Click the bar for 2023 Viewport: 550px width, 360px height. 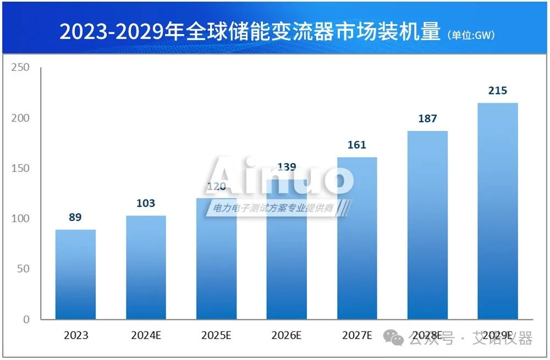click(x=75, y=274)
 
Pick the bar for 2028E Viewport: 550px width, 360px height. click(x=427, y=225)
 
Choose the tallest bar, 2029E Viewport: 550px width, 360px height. click(x=498, y=211)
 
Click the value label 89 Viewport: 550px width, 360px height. click(x=75, y=217)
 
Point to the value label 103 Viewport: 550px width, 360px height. click(x=146, y=203)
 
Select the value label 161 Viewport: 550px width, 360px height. click(x=357, y=145)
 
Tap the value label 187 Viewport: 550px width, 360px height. click(x=427, y=119)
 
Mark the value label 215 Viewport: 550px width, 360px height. click(x=498, y=91)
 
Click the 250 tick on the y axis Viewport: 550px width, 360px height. click(x=21, y=68)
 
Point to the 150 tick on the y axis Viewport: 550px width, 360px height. click(x=21, y=168)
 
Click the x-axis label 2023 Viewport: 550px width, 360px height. click(x=75, y=335)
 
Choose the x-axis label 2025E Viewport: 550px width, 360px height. click(x=216, y=335)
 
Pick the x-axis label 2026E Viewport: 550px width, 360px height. click(x=287, y=335)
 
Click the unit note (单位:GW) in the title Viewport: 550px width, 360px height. click(x=472, y=35)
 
